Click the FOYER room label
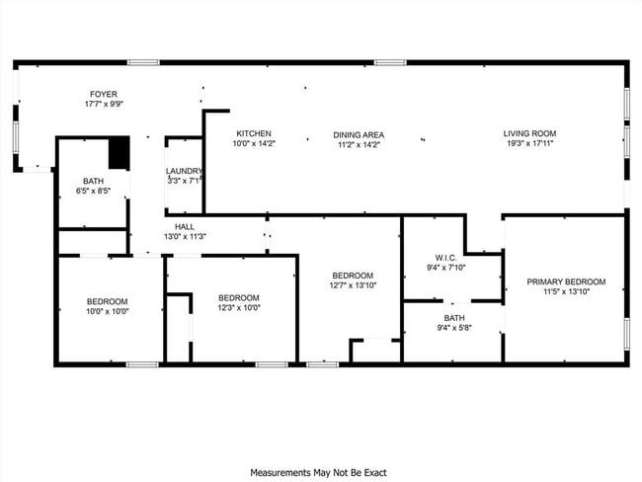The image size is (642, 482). tap(104, 94)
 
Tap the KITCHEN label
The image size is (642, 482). tap(254, 133)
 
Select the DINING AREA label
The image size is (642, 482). tap(359, 134)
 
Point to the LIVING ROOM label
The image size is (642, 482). tap(529, 133)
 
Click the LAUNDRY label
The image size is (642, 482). tap(184, 171)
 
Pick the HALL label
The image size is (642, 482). tap(185, 227)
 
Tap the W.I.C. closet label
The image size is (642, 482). tap(445, 258)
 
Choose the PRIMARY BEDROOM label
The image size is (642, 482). tap(566, 281)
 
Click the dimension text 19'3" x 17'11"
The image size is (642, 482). tap(529, 143)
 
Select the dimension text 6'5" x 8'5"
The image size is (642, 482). tap(94, 191)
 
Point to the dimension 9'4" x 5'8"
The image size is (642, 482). tap(454, 328)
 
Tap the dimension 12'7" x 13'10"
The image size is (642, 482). tap(353, 285)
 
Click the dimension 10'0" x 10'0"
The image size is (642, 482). tap(108, 311)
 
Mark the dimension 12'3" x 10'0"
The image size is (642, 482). tap(239, 307)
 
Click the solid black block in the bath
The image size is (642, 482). tap(120, 153)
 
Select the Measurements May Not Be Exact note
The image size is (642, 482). tap(319, 473)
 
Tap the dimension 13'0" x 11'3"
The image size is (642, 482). tap(185, 236)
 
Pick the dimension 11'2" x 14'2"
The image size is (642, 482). tap(359, 144)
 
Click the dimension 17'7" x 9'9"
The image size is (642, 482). tap(104, 104)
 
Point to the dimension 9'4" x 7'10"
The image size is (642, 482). tap(445, 268)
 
